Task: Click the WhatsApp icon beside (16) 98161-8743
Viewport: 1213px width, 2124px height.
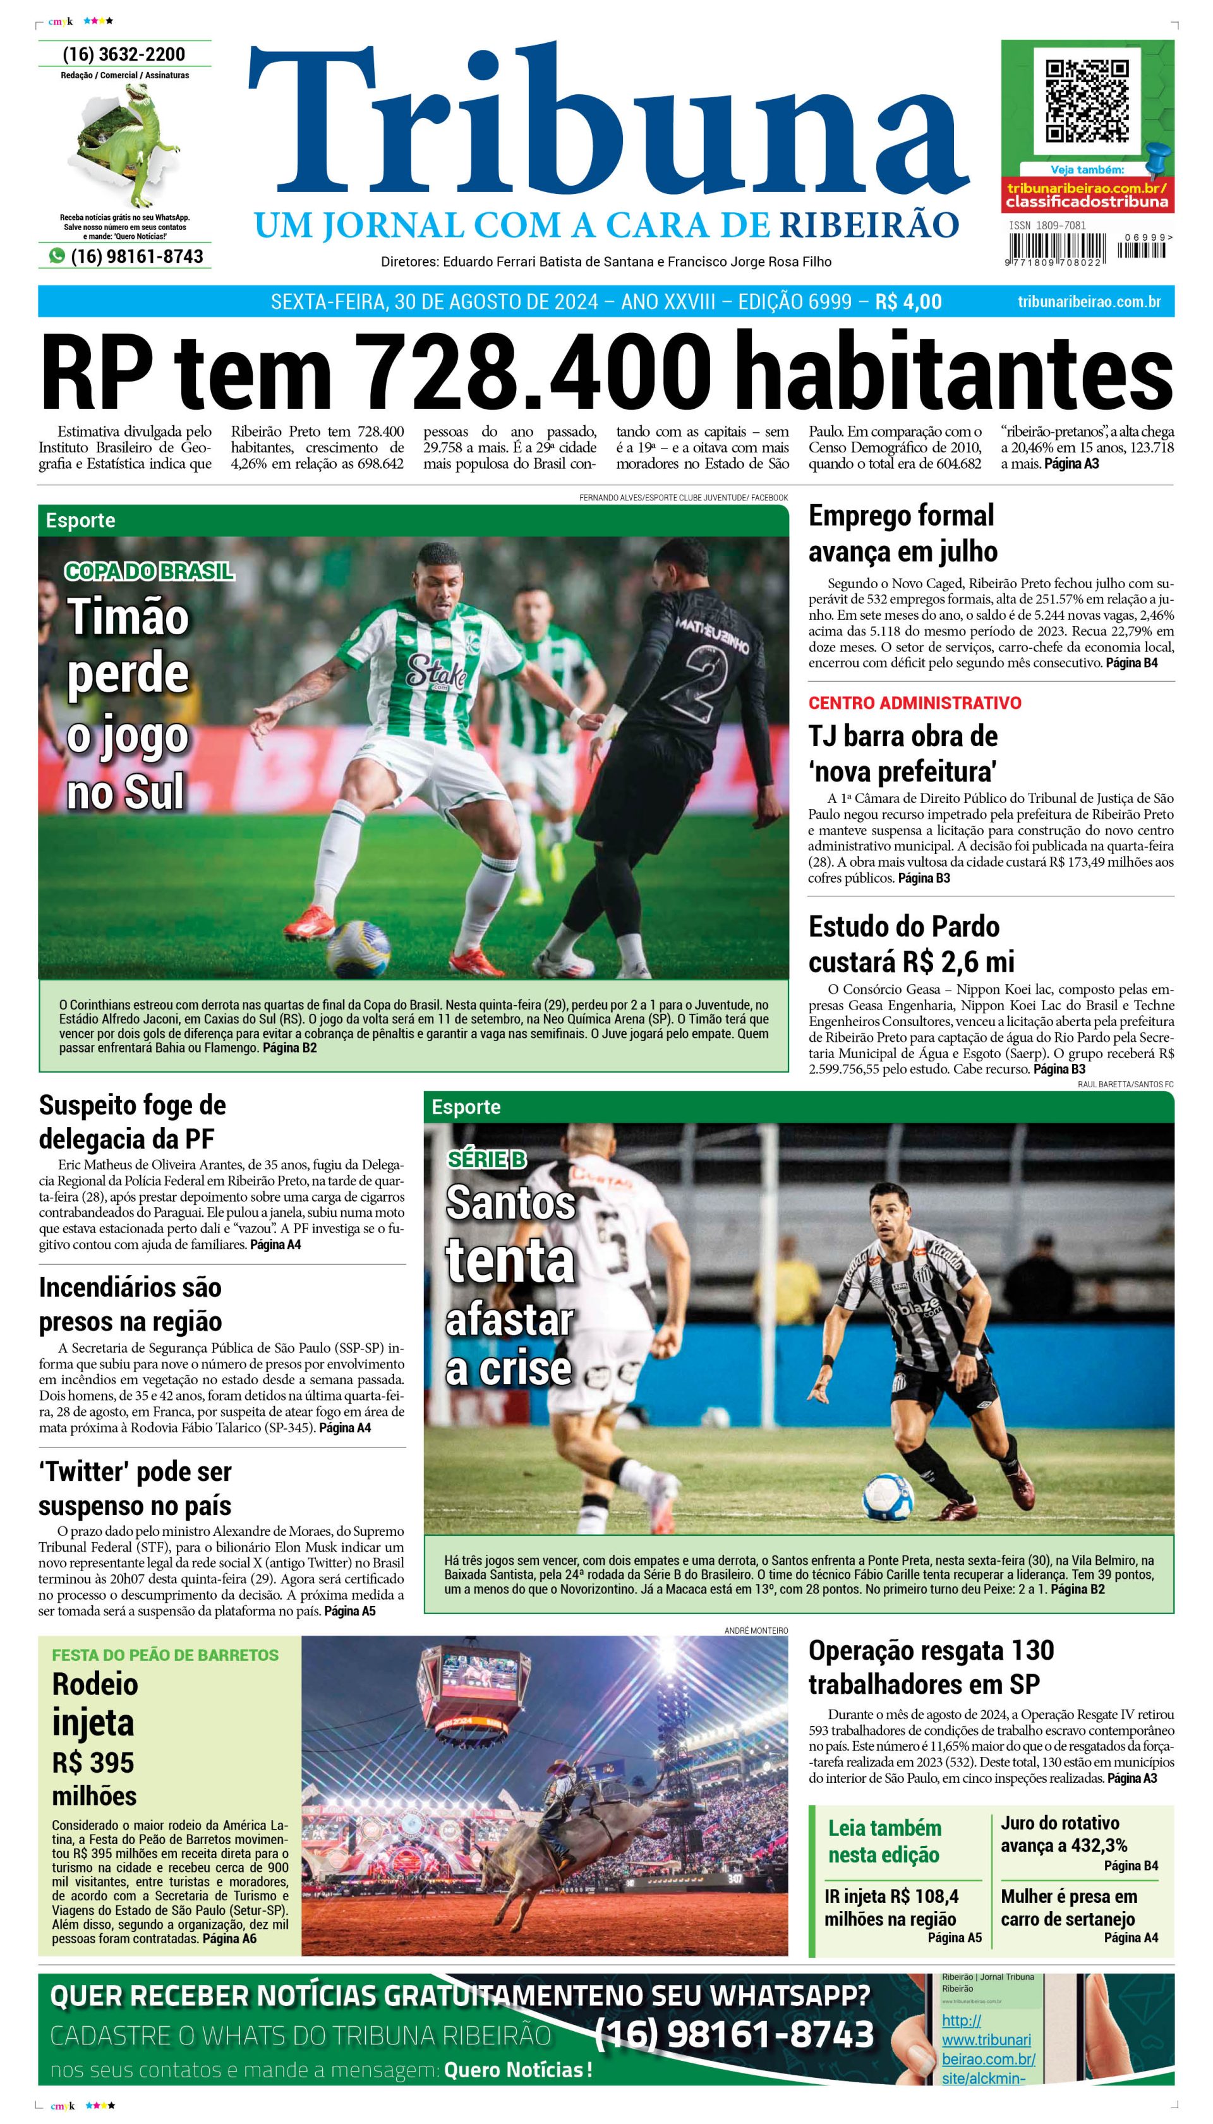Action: coord(57,256)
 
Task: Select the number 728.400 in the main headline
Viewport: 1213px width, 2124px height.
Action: coord(533,371)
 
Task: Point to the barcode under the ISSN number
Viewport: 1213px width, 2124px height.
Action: coord(1056,248)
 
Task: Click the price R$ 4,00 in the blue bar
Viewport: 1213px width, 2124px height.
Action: coord(908,301)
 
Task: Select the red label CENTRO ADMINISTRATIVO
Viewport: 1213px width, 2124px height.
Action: coord(915,702)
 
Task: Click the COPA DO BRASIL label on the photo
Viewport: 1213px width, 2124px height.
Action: coord(149,570)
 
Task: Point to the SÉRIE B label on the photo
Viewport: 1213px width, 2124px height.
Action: coord(486,1159)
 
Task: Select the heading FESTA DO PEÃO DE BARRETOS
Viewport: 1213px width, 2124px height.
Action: coord(165,1655)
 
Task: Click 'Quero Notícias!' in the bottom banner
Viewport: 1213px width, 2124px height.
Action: coord(518,2070)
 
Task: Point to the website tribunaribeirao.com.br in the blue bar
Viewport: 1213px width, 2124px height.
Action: coord(1089,301)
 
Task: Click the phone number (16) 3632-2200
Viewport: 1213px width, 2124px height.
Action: coord(124,54)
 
